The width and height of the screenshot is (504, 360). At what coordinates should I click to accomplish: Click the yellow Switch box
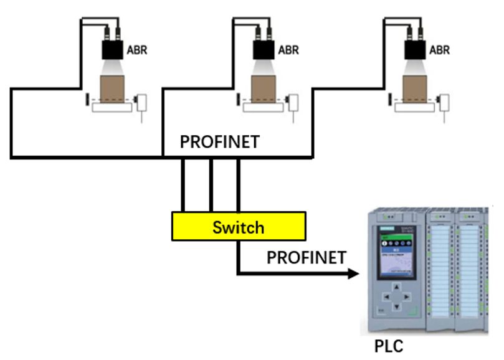(238, 227)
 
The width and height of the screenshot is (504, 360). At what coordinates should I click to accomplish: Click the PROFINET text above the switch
(220, 143)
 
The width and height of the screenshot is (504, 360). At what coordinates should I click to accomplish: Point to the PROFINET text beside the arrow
(306, 257)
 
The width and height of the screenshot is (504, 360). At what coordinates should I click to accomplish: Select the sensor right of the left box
(144, 100)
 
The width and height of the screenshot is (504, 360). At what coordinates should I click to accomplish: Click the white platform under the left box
(112, 108)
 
